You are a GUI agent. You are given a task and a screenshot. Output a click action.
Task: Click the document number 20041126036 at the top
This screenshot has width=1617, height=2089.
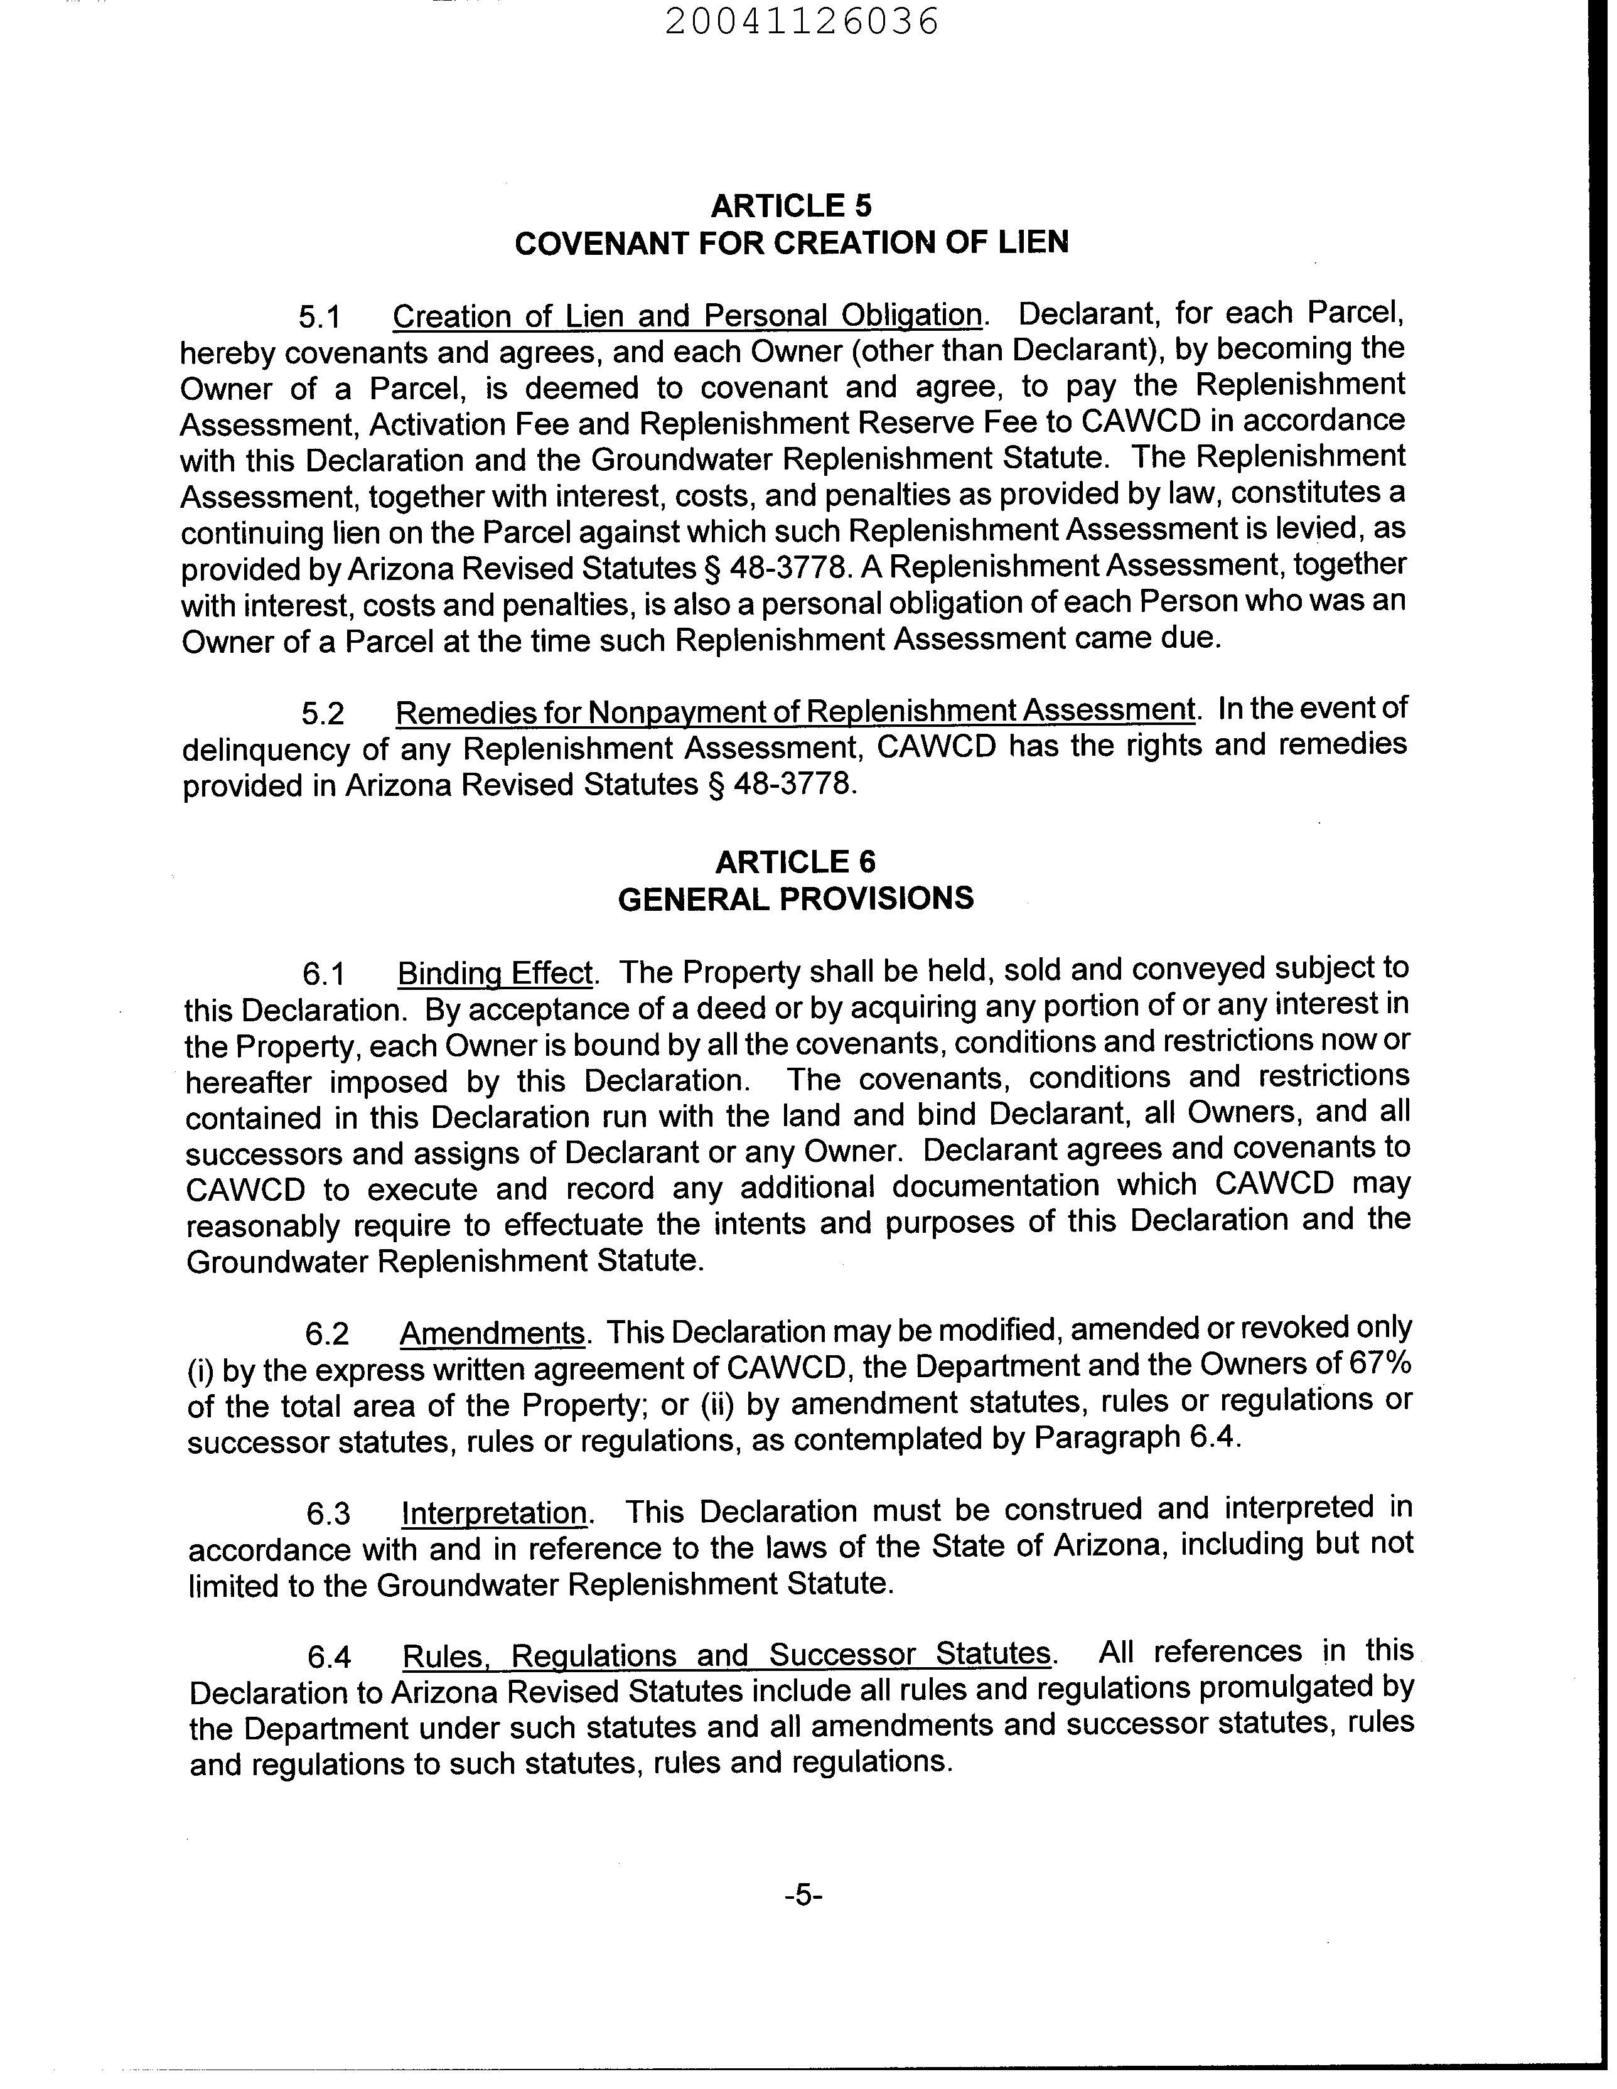pyautogui.click(x=802, y=22)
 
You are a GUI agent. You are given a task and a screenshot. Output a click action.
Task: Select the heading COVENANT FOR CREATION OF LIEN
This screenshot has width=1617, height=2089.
pyautogui.click(x=792, y=243)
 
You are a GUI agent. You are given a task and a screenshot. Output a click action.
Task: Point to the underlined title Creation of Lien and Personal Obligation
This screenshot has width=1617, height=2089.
pyautogui.click(x=687, y=316)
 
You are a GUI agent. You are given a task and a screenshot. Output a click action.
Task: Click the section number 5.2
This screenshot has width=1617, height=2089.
pyautogui.click(x=323, y=714)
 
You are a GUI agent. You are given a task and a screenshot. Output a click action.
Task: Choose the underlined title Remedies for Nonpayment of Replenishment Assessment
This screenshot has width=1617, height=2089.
pyautogui.click(x=795, y=712)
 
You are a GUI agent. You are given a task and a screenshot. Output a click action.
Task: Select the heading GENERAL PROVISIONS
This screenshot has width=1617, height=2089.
pyautogui.click(x=795, y=899)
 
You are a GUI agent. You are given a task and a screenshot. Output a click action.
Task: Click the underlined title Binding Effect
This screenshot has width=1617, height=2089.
pyautogui.click(x=496, y=974)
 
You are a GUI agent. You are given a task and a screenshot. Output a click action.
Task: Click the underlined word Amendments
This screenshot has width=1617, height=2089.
pyautogui.click(x=492, y=1333)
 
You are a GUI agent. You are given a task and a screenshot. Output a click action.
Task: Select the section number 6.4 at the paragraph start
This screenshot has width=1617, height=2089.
pyautogui.click(x=329, y=1657)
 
